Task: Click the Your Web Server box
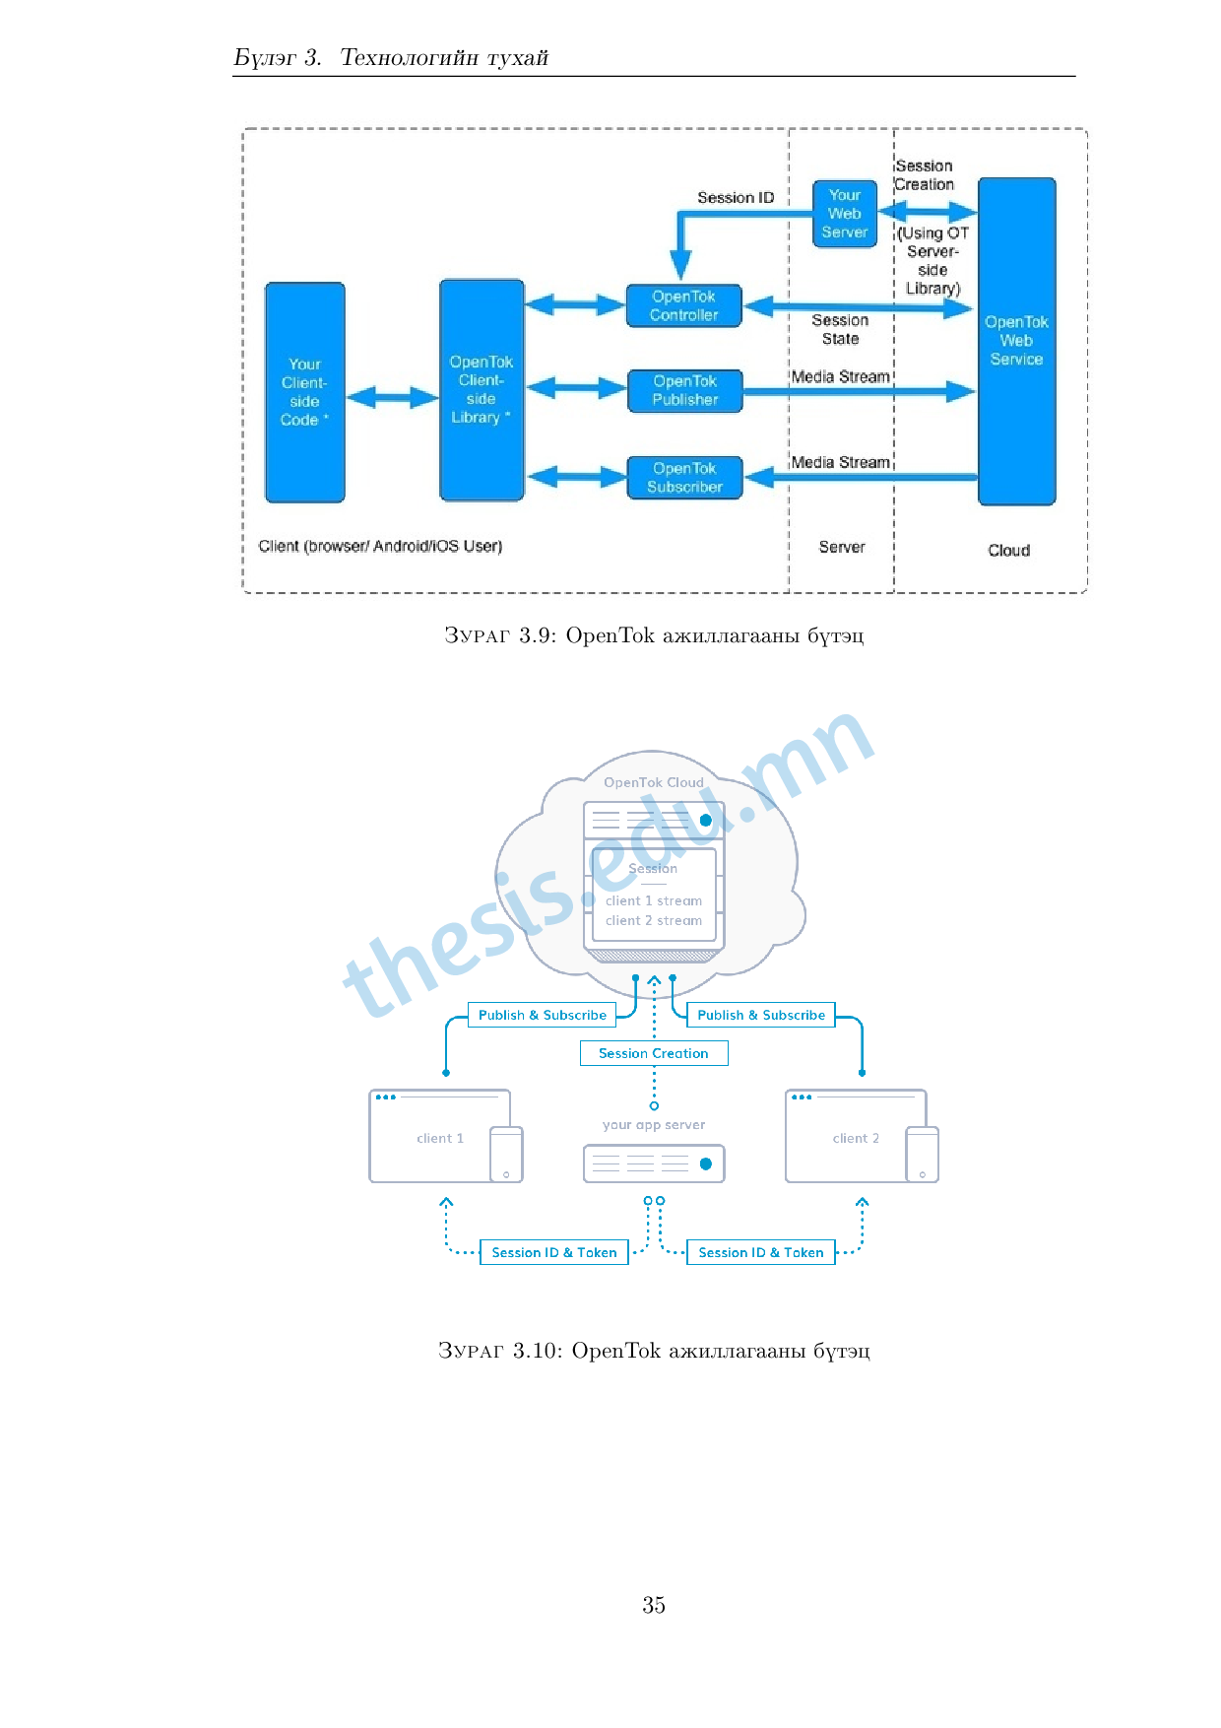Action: pyautogui.click(x=845, y=214)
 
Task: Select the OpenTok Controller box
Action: pyautogui.click(x=683, y=305)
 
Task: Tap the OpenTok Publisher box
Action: pyautogui.click(x=684, y=390)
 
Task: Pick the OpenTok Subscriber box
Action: pyautogui.click(x=684, y=478)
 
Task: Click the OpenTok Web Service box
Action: pyautogui.click(x=1016, y=341)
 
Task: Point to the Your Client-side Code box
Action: pyautogui.click(x=305, y=392)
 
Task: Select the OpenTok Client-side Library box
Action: pyautogui.click(x=482, y=390)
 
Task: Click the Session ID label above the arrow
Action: pyautogui.click(x=736, y=198)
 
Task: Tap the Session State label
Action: pyautogui.click(x=840, y=330)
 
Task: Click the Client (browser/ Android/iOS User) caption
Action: pyautogui.click(x=380, y=546)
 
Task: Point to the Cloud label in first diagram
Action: pyautogui.click(x=1008, y=550)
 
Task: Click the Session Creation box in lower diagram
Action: pyautogui.click(x=654, y=1053)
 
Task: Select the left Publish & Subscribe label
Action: pyautogui.click(x=542, y=1015)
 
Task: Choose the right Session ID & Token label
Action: pyautogui.click(x=760, y=1252)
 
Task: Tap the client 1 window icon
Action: pyautogui.click(x=440, y=1136)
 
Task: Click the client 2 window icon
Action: pyautogui.click(x=856, y=1136)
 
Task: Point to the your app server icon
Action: pyautogui.click(x=654, y=1163)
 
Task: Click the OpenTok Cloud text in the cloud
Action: pyautogui.click(x=654, y=782)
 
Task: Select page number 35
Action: pyautogui.click(x=654, y=1605)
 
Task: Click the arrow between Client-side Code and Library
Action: pyautogui.click(x=392, y=397)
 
